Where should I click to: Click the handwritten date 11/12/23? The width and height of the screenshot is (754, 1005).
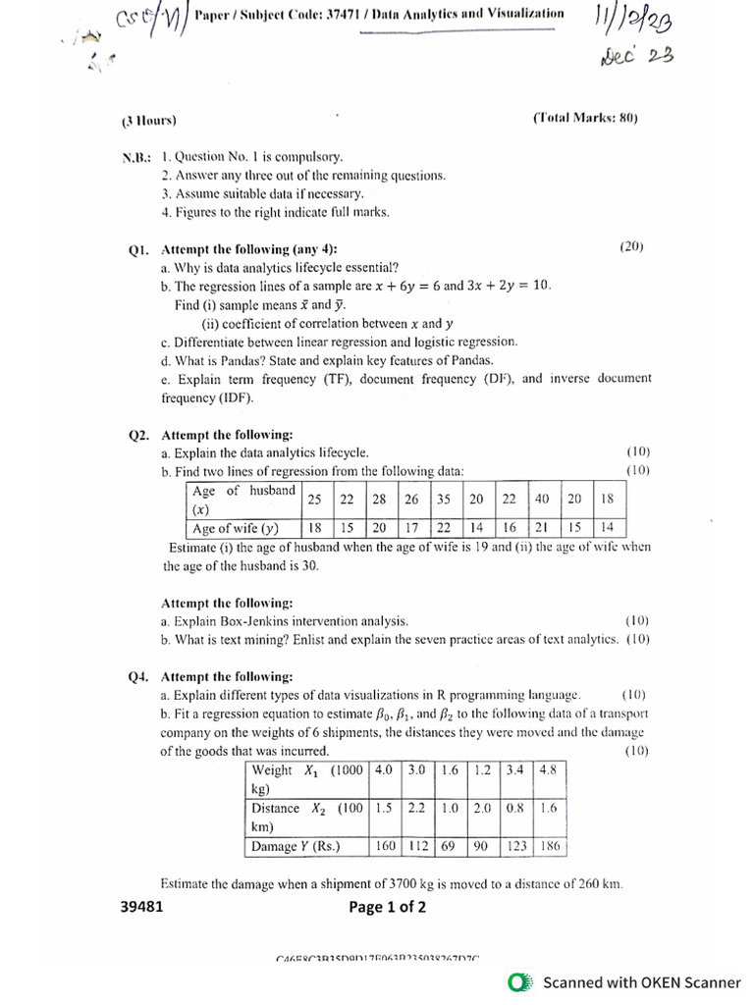pyautogui.click(x=634, y=19)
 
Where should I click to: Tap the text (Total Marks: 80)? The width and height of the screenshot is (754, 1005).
pyautogui.click(x=585, y=119)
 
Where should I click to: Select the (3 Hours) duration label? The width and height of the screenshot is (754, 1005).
pyautogui.click(x=149, y=121)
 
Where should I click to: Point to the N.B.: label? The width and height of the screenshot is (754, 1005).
pyautogui.click(x=136, y=157)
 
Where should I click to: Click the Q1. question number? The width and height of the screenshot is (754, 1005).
pyautogui.click(x=138, y=249)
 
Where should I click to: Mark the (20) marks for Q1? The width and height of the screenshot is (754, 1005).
pyautogui.click(x=631, y=247)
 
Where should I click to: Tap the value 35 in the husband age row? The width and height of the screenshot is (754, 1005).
pyautogui.click(x=444, y=499)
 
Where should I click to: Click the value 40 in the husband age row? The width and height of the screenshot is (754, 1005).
pyautogui.click(x=541, y=499)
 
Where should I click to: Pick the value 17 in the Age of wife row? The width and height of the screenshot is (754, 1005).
pyautogui.click(x=411, y=528)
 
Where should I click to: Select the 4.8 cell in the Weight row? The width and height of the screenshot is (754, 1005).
pyautogui.click(x=547, y=770)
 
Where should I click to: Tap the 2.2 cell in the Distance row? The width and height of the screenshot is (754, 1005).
pyautogui.click(x=416, y=809)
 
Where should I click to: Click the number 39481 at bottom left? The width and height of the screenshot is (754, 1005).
pyautogui.click(x=141, y=907)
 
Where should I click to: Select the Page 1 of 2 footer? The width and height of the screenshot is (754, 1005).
pyautogui.click(x=387, y=907)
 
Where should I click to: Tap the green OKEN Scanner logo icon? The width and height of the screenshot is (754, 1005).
pyautogui.click(x=520, y=982)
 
